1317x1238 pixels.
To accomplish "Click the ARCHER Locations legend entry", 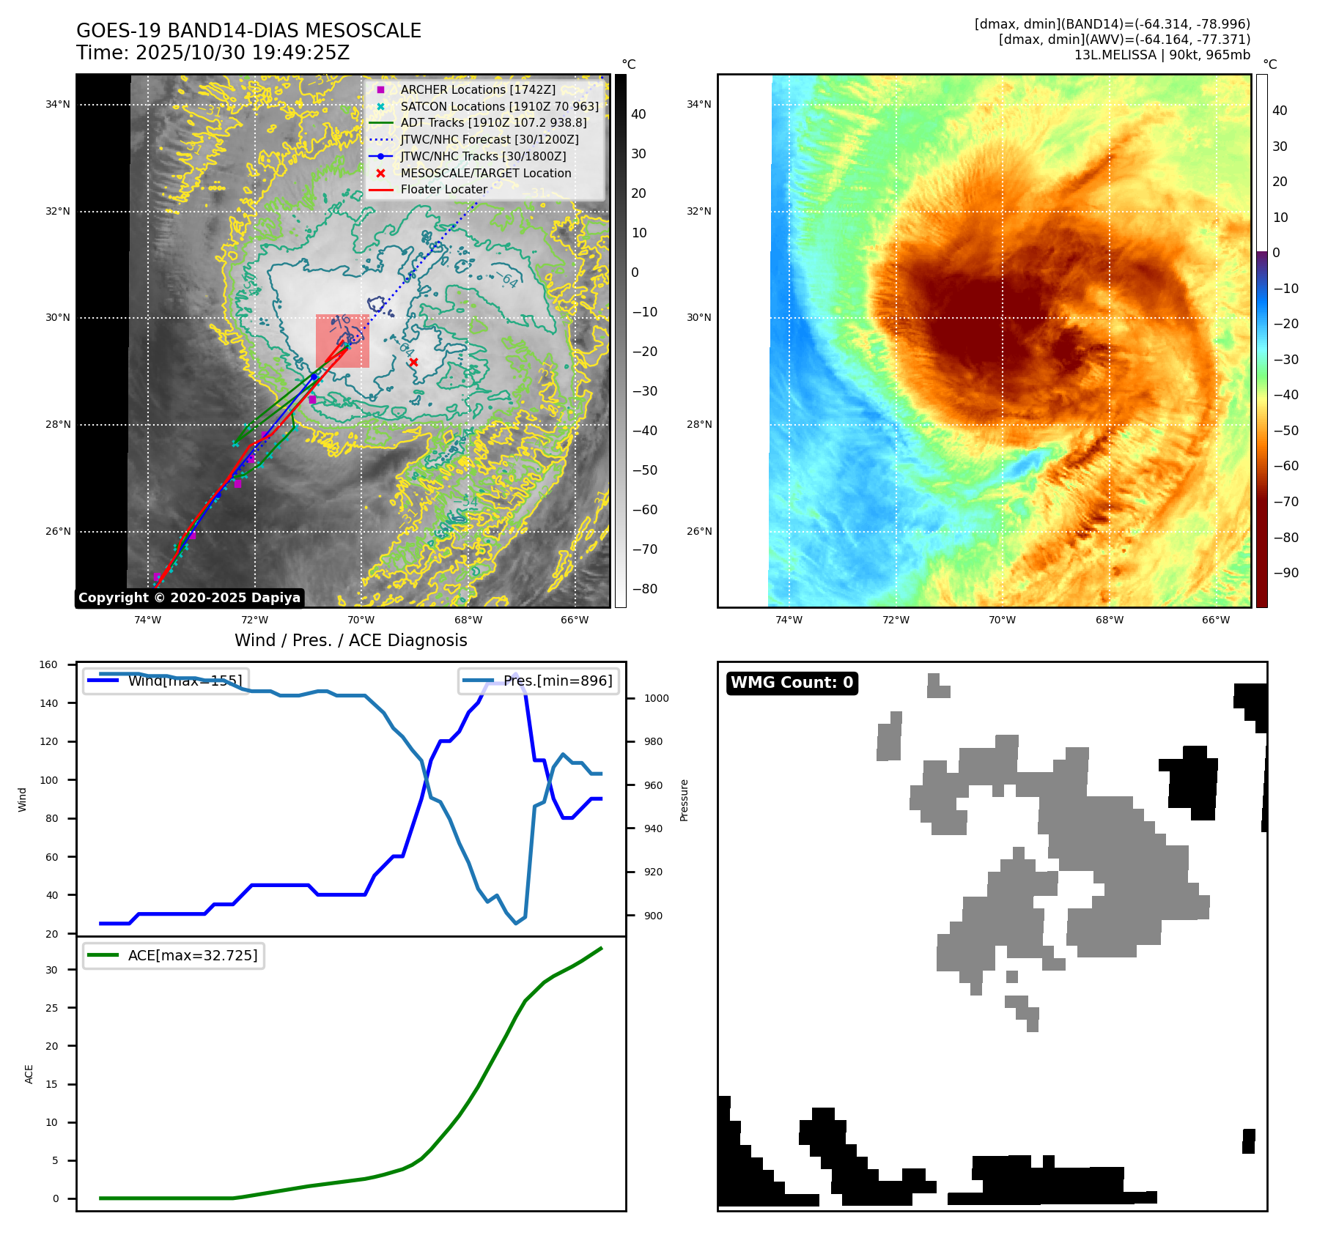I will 477,89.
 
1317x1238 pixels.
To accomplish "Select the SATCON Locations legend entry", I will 498,106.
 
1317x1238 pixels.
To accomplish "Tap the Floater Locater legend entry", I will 443,189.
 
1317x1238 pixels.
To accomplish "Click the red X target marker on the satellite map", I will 413,362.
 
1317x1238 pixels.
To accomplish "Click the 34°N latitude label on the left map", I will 58,105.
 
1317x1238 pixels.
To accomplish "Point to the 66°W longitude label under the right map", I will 1215,620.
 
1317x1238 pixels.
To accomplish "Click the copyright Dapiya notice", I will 189,598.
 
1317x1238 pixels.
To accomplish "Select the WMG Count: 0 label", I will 792,683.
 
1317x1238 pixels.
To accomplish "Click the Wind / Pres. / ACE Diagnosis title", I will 350,640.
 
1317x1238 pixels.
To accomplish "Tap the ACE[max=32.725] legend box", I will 174,955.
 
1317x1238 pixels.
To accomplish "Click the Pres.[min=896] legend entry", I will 539,681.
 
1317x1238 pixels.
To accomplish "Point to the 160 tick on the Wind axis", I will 48,665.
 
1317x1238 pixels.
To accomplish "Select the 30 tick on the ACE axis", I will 51,970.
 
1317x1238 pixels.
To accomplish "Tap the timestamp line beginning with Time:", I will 213,53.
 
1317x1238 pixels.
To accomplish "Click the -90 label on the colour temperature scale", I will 1286,573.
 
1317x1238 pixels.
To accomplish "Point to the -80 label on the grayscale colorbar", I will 645,589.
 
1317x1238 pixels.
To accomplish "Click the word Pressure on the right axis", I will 684,800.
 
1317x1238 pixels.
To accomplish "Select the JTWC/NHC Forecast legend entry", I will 489,139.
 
